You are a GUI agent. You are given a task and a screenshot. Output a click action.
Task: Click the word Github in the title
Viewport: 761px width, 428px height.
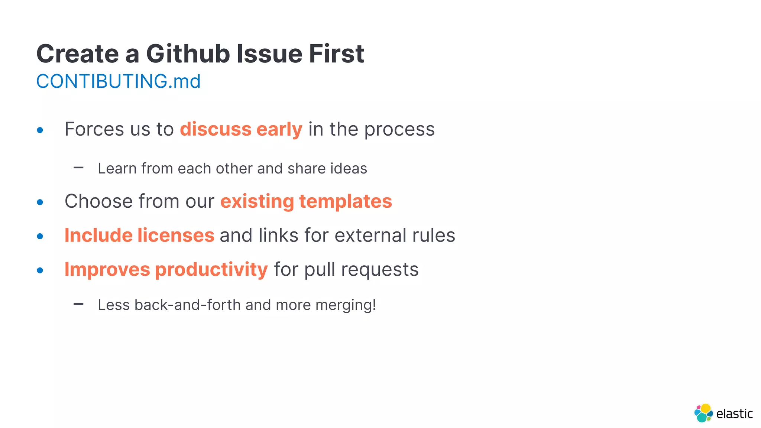[x=188, y=54]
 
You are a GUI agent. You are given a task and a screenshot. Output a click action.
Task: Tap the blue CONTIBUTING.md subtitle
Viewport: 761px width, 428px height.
[x=118, y=81]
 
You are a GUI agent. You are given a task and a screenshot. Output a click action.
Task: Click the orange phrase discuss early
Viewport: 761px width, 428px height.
[x=241, y=129]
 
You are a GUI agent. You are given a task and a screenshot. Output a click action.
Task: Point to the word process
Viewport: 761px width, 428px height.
[x=399, y=130]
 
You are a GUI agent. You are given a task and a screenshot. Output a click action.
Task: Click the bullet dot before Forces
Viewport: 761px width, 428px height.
[x=40, y=130]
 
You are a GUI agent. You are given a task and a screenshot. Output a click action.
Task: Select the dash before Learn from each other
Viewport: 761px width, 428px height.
[x=78, y=168]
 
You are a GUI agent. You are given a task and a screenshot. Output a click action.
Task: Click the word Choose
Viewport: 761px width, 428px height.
[x=98, y=201]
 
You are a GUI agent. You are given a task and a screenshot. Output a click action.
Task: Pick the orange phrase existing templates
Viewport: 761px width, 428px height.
[x=306, y=201]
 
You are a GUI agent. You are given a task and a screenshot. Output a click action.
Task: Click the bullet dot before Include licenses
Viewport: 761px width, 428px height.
[x=40, y=236]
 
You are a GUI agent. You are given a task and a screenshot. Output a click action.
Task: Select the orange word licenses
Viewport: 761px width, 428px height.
[x=176, y=236]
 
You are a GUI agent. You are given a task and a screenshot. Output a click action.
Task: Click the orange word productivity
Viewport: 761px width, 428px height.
[x=211, y=270]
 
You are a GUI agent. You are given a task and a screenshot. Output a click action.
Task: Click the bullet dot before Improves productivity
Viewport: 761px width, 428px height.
[x=40, y=270]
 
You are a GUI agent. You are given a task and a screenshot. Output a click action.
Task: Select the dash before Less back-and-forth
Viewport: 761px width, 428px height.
[x=78, y=304]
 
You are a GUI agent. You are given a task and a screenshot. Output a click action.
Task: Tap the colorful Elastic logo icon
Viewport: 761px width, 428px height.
[x=703, y=413]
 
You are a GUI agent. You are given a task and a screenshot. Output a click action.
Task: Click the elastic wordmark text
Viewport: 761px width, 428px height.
[x=734, y=414]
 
